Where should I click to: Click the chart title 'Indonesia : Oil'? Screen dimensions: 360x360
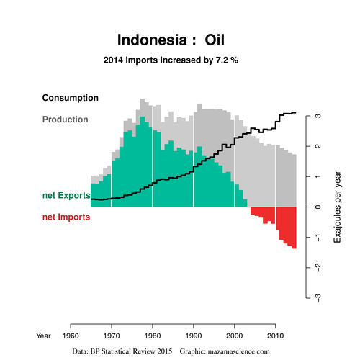[171, 40]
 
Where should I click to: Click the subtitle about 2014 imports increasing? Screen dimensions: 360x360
[171, 60]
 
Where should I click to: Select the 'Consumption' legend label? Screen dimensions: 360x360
[71, 98]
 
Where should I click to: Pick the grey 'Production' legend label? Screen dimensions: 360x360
[66, 120]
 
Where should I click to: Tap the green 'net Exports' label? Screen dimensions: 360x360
[66, 195]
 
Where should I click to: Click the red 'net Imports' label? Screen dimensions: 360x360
[66, 217]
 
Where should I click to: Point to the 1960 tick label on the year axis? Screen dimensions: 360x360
[71, 336]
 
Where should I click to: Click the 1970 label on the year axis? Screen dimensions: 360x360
[112, 336]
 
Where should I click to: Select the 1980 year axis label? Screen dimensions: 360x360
[153, 336]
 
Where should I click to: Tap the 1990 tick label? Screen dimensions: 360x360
[194, 336]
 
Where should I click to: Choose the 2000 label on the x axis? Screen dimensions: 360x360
[235, 336]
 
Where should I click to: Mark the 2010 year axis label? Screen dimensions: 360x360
[275, 336]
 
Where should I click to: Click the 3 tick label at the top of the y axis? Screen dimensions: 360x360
[318, 116]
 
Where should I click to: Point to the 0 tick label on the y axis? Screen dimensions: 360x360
[318, 207]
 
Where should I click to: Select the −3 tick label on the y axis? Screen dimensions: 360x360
[318, 298]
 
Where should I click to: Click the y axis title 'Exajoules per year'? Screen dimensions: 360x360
[337, 207]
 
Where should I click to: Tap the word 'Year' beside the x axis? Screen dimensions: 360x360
[43, 336]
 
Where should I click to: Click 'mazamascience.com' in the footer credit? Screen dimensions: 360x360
[238, 351]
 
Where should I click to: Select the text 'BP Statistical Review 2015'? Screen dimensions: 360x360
[131, 351]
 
